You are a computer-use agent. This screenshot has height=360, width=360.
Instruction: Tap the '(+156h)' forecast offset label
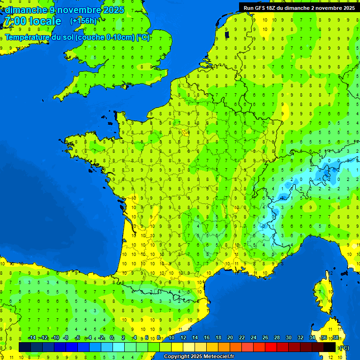tap(83, 21)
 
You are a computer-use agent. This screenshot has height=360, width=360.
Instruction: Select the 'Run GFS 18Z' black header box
tap(299, 8)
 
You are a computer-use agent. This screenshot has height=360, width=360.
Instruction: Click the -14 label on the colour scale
tap(32, 338)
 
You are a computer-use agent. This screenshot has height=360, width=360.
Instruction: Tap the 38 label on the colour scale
tap(335, 338)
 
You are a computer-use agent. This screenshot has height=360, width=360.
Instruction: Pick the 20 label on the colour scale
tap(230, 338)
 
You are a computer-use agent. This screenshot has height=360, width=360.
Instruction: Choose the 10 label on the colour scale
tap(172, 338)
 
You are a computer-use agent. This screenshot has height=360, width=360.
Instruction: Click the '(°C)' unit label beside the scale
tap(344, 348)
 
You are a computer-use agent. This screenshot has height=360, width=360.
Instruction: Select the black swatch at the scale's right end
tap(330, 347)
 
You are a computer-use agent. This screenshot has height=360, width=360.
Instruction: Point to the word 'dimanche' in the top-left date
tap(26, 10)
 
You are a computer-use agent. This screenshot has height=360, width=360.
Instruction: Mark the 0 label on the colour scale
tap(112, 338)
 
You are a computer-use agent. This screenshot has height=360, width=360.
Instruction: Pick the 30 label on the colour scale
tap(288, 338)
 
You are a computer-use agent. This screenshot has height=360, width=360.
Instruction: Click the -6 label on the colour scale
tap(77, 338)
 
